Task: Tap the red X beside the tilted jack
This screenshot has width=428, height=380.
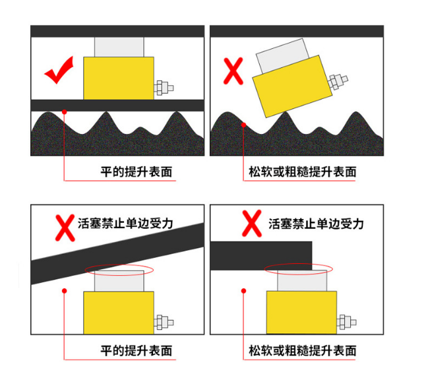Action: click(233, 71)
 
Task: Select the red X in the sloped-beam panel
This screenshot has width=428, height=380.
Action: click(65, 228)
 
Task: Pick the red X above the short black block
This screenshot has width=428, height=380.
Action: click(252, 223)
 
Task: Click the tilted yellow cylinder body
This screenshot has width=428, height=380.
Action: click(292, 86)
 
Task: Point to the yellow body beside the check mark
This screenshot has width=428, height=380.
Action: click(119, 79)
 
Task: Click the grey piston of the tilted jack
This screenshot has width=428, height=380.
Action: click(282, 55)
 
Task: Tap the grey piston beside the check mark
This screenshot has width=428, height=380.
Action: click(119, 47)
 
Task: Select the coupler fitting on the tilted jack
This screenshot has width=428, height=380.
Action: click(338, 81)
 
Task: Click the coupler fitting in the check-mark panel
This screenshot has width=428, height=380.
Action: click(164, 88)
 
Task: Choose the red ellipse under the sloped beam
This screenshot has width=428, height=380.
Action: click(119, 270)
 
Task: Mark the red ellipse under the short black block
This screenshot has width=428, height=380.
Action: click(298, 269)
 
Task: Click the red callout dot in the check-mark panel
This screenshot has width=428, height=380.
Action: click(65, 112)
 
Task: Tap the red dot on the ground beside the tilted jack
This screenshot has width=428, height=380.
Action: click(244, 125)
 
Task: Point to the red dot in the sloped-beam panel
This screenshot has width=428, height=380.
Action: click(65, 291)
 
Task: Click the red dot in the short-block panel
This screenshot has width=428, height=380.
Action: click(244, 291)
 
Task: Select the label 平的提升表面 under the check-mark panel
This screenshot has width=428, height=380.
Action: click(137, 172)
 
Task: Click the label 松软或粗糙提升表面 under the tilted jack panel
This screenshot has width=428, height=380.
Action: click(303, 172)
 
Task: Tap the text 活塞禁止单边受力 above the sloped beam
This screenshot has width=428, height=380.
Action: click(125, 223)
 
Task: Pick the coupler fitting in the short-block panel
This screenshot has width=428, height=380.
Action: click(347, 322)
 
